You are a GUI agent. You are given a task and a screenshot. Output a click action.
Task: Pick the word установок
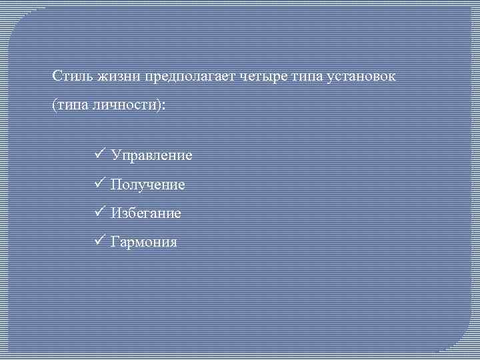click(363, 76)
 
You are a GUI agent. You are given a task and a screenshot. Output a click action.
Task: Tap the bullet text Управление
click(152, 155)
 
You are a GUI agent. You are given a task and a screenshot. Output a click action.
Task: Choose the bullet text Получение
click(148, 185)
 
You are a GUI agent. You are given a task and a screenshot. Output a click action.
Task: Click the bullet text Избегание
click(146, 213)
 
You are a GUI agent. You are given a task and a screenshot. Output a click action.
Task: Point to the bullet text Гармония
click(145, 242)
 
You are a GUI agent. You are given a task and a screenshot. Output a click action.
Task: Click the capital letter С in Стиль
click(57, 76)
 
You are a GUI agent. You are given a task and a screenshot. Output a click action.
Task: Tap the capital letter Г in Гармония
click(115, 242)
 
